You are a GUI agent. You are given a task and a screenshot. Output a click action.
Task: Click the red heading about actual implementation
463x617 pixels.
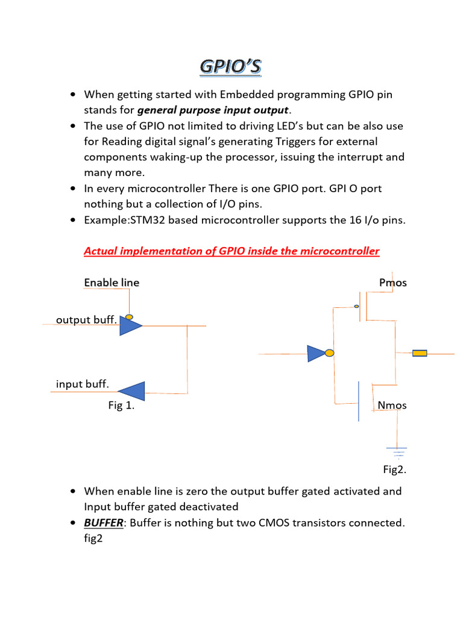click(231, 251)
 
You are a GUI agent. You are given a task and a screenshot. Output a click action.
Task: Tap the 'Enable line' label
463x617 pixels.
click(112, 283)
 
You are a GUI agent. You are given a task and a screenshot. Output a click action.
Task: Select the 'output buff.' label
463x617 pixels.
click(86, 319)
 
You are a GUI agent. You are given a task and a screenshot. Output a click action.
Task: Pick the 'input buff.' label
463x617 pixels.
click(83, 384)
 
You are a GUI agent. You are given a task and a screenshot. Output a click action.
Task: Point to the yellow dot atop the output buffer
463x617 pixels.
click(129, 316)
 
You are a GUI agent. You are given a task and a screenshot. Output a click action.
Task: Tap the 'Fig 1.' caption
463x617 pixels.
click(121, 406)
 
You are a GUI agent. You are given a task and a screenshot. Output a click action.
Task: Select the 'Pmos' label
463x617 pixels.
click(392, 283)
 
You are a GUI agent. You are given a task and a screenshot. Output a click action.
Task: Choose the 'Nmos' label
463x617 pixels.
click(392, 406)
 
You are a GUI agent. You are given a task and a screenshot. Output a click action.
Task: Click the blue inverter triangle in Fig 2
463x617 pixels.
click(316, 354)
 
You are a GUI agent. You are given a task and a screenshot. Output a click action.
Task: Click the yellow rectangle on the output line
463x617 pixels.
click(420, 353)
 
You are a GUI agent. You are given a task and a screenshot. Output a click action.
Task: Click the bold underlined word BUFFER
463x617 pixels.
click(104, 523)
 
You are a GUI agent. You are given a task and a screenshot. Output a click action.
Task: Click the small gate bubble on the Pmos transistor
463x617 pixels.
click(356, 306)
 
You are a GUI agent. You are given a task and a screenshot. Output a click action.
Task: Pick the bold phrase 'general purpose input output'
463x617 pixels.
click(213, 110)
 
